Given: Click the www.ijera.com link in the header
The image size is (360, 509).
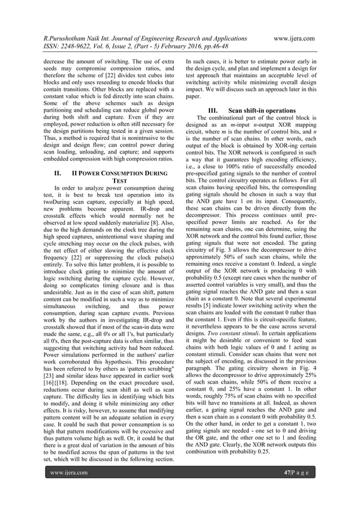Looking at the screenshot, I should coord(293,38).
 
